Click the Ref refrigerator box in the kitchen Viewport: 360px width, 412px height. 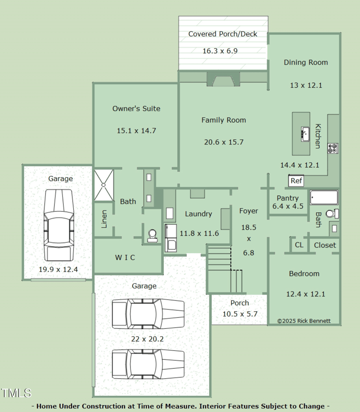coord(296,180)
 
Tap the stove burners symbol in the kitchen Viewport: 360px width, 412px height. coord(333,148)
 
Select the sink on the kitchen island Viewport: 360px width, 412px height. coord(305,134)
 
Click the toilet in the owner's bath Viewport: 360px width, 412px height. coord(153,236)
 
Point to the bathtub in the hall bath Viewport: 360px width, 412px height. coord(324,197)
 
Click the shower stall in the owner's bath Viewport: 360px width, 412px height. coord(104,185)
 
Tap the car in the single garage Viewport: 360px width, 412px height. coord(58,225)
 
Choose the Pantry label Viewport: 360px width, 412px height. coord(288,198)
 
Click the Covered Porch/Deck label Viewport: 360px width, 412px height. coord(223,34)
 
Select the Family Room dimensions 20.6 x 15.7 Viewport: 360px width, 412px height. coord(224,142)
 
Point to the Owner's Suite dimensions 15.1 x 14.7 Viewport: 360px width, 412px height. coord(136,130)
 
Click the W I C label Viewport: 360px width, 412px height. coord(125,257)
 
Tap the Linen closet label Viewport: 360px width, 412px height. coord(104,219)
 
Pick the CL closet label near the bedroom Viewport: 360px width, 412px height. coord(299,245)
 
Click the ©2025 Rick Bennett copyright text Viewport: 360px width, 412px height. coord(304,321)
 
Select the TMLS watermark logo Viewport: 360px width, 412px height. coord(16,393)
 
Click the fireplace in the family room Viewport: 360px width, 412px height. coord(223,79)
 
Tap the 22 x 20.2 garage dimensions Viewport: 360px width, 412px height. coord(147,339)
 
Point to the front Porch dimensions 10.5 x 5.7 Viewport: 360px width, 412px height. coord(240,314)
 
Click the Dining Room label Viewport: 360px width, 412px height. coord(306,62)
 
